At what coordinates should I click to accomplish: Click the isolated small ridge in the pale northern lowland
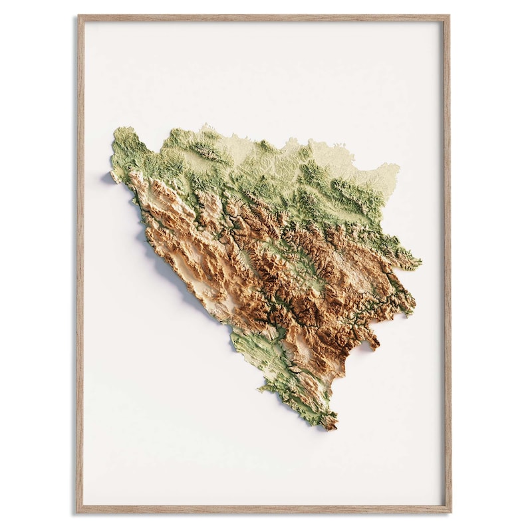click(211, 154)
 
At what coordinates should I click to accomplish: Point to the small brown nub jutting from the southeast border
click(374, 344)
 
